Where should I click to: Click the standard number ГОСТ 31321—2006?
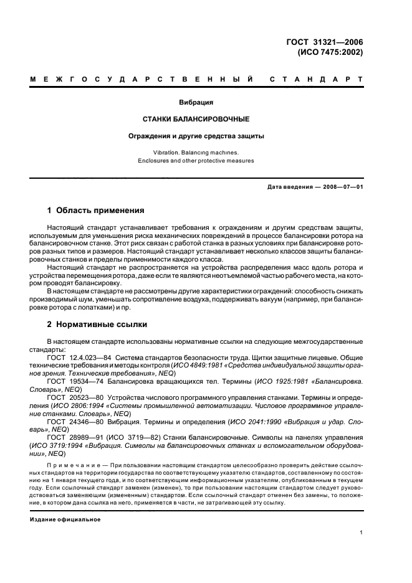point(325,42)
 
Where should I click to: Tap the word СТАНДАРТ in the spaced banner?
point(317,80)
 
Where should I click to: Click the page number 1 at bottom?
point(361,533)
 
